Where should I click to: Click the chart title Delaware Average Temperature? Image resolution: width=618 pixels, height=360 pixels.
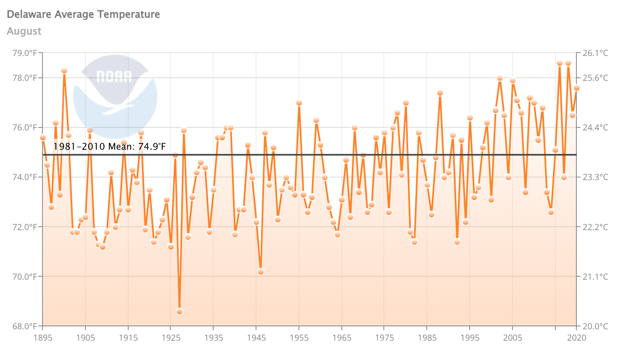click(83, 14)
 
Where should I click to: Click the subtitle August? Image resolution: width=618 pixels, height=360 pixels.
click(24, 31)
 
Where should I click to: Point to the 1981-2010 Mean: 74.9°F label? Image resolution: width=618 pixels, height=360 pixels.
click(109, 146)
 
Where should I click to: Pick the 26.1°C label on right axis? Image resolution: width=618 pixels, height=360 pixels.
click(595, 53)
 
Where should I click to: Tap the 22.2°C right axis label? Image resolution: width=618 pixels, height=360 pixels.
click(595, 227)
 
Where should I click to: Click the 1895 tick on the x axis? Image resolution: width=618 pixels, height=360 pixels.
click(42, 338)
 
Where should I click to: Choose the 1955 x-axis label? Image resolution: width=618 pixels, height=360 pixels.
click(299, 338)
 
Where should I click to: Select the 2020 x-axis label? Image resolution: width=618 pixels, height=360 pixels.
click(577, 338)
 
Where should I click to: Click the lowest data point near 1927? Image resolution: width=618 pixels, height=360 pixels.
click(180, 312)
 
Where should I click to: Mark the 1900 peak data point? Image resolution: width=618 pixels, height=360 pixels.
click(64, 71)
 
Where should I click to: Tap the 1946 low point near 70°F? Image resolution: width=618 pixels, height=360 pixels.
click(261, 272)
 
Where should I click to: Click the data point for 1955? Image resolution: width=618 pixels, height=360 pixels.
click(299, 103)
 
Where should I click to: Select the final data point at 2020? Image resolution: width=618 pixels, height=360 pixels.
click(577, 88)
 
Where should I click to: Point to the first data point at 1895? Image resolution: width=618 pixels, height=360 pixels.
click(43, 138)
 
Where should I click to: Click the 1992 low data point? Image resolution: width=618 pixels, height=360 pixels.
click(457, 242)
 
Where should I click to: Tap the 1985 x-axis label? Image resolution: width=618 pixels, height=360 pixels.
click(427, 338)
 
